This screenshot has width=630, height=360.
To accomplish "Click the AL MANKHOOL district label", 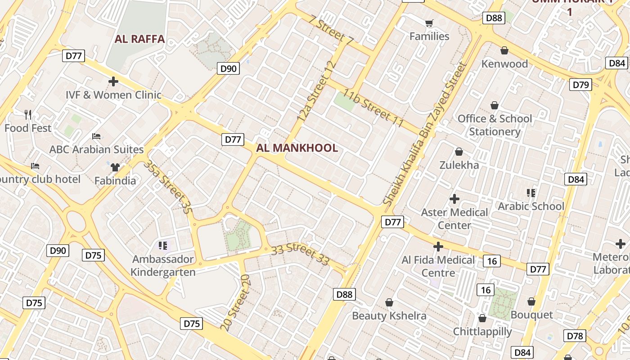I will click(297, 148).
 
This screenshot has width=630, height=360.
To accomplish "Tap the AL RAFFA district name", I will click(139, 39).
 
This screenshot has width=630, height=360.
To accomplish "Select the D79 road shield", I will click(580, 85).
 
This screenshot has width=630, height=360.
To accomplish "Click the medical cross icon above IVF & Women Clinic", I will click(113, 81).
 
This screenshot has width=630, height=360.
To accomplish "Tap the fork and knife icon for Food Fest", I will click(28, 115).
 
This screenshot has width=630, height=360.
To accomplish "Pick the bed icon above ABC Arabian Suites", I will click(96, 136).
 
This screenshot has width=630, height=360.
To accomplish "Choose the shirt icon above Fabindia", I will click(115, 167).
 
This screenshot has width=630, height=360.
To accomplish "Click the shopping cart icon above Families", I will click(429, 23).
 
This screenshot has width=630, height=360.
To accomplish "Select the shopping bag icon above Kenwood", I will click(504, 50).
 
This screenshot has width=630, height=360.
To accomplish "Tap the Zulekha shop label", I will click(459, 165).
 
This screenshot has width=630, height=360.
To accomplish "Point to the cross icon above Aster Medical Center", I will click(454, 198).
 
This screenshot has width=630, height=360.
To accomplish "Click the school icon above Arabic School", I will click(531, 193).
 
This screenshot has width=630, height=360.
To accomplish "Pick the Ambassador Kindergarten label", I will click(163, 265).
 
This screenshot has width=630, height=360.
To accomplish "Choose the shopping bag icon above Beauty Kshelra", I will click(389, 302).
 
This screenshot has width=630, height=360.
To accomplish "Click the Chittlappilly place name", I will click(482, 332).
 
